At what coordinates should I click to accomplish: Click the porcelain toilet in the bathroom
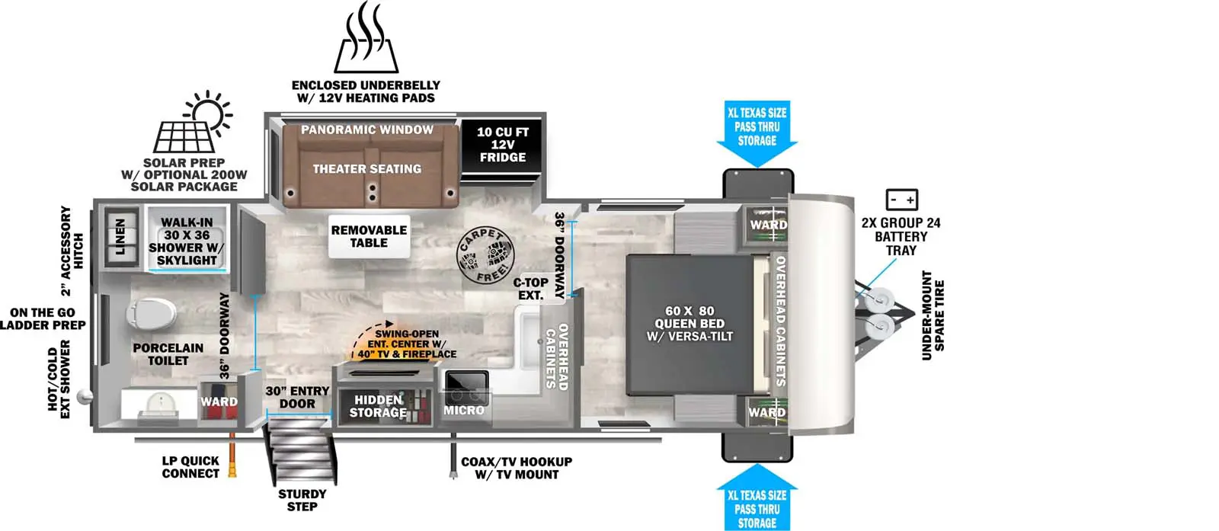pyautogui.click(x=152, y=313)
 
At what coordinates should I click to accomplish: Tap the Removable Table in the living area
pyautogui.click(x=369, y=237)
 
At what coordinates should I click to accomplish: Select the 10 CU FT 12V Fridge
pyautogui.click(x=502, y=145)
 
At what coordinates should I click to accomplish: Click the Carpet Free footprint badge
pyautogui.click(x=485, y=254)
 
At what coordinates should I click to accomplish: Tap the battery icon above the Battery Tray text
pyautogui.click(x=902, y=200)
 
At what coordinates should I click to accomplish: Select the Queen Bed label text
pyautogui.click(x=689, y=324)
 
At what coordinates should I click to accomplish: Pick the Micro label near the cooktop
pyautogui.click(x=464, y=410)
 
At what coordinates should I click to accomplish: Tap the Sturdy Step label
pyautogui.click(x=302, y=501)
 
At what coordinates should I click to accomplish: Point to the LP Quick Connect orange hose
pyautogui.click(x=232, y=455)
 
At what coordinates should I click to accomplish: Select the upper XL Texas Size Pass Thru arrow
pyautogui.click(x=757, y=133)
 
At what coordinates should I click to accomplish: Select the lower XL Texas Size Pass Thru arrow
pyautogui.click(x=757, y=497)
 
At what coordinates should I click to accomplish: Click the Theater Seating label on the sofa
pyautogui.click(x=366, y=169)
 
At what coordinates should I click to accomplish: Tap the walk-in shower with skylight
pyautogui.click(x=187, y=239)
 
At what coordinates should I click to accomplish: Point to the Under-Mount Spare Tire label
pyautogui.click(x=933, y=315)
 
